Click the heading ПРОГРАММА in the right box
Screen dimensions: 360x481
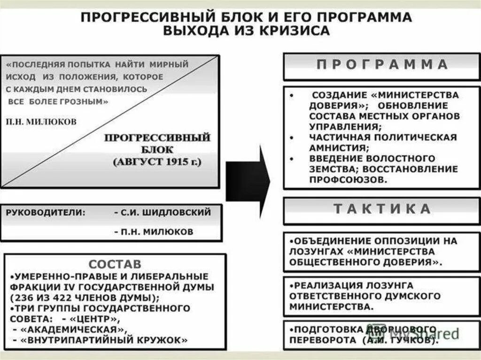click(x=381, y=65)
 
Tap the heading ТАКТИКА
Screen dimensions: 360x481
click(x=381, y=209)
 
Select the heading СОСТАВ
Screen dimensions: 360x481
click(x=115, y=264)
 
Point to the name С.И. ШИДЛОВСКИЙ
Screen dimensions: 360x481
click(x=163, y=212)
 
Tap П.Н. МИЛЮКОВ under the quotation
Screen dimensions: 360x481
click(x=42, y=121)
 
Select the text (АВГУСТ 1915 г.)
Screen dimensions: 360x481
click(x=157, y=163)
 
